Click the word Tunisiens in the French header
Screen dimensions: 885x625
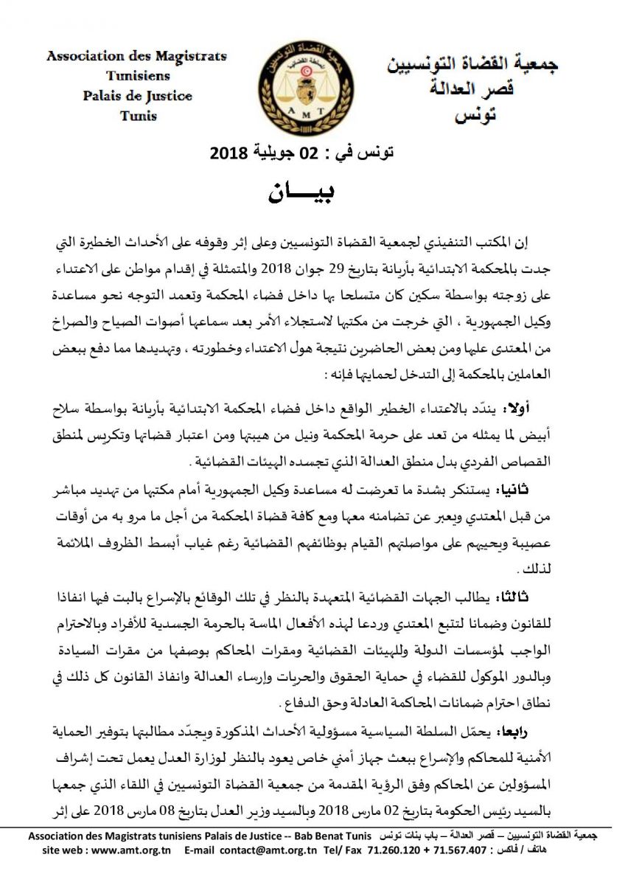click(x=137, y=76)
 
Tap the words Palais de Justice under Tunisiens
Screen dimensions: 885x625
click(x=137, y=96)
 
